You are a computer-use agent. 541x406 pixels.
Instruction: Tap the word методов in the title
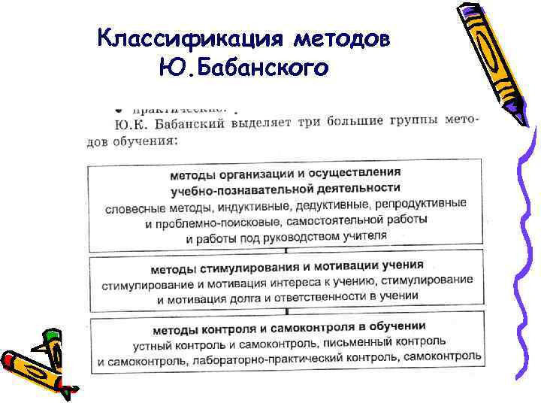[x=341, y=38]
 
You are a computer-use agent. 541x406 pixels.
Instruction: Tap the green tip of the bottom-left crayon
[x=50, y=335]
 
